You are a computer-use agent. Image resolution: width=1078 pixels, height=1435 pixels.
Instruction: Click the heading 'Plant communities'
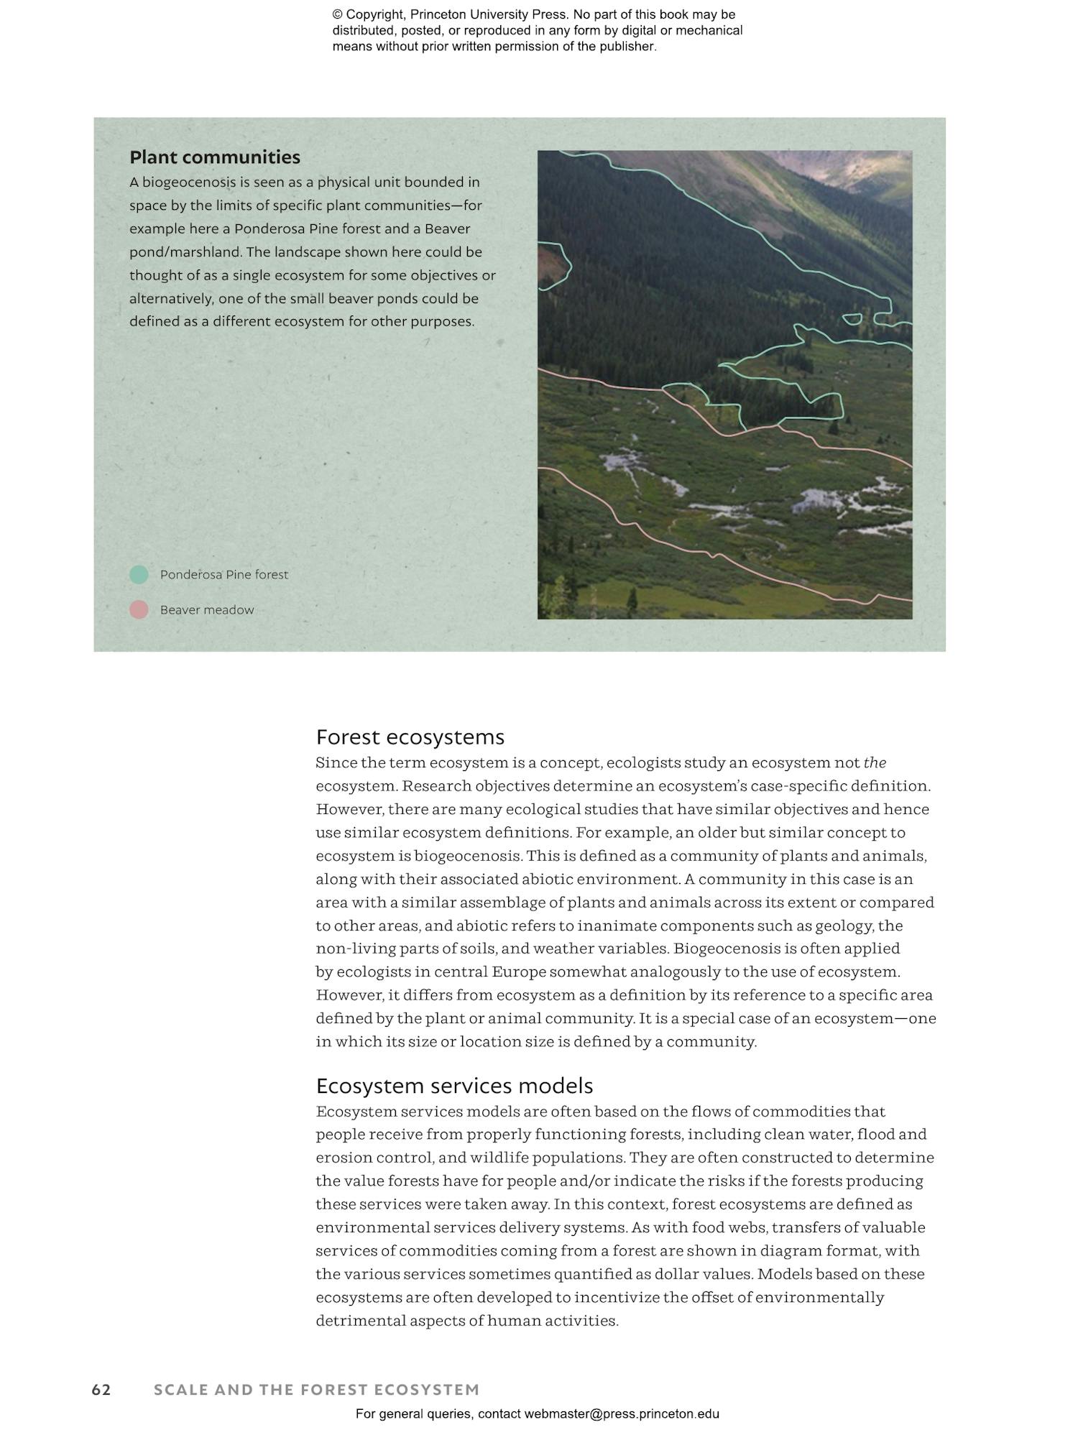click(x=214, y=157)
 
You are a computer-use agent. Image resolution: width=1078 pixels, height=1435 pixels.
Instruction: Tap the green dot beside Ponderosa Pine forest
click(x=139, y=574)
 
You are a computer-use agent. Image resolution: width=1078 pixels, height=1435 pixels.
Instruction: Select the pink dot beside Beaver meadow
click(x=139, y=609)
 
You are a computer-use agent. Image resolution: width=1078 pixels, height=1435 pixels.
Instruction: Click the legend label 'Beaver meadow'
click(x=207, y=610)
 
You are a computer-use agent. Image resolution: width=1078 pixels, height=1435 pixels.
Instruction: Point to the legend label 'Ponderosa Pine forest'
click(x=224, y=575)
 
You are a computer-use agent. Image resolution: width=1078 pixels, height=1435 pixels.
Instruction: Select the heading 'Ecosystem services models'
click(x=454, y=1086)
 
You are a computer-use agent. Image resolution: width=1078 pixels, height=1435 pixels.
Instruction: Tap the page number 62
click(x=101, y=1390)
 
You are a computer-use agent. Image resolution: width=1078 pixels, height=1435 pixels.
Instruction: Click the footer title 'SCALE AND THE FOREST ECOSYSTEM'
click(x=316, y=1390)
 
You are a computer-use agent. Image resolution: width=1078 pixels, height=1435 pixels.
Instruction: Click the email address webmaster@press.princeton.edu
click(x=621, y=1413)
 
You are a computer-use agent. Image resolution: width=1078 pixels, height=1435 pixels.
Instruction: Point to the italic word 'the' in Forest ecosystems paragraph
click(x=875, y=762)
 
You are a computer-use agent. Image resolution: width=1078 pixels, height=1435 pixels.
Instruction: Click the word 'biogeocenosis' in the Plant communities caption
click(x=189, y=183)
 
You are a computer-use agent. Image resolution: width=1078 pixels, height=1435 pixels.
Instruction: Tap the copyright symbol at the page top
click(x=337, y=15)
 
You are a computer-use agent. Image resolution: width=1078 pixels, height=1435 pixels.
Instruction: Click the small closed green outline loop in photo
click(x=852, y=318)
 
